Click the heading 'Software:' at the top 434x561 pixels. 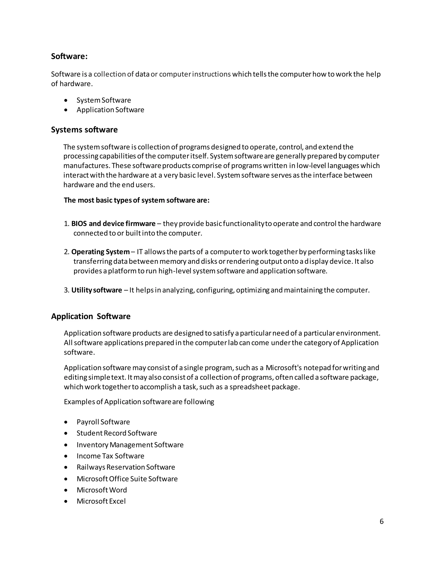click(69, 56)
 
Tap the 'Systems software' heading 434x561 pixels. click(84, 130)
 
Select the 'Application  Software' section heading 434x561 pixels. click(90, 316)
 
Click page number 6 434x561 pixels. click(381, 521)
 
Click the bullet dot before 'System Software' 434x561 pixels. click(66, 100)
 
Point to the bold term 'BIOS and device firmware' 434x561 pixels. click(113, 224)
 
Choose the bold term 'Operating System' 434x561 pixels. click(100, 252)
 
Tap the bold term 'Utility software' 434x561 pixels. click(96, 290)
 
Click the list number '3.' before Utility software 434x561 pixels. click(66, 290)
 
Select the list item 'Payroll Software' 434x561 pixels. click(103, 422)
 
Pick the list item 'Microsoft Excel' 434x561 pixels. click(101, 501)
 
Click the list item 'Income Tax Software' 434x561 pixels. click(110, 456)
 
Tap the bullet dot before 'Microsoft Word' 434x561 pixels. click(66, 490)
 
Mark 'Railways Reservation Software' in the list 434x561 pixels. click(126, 467)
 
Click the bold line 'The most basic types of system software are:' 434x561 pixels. click(136, 200)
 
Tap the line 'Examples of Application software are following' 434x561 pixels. click(139, 402)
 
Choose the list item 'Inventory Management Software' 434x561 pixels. click(130, 445)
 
